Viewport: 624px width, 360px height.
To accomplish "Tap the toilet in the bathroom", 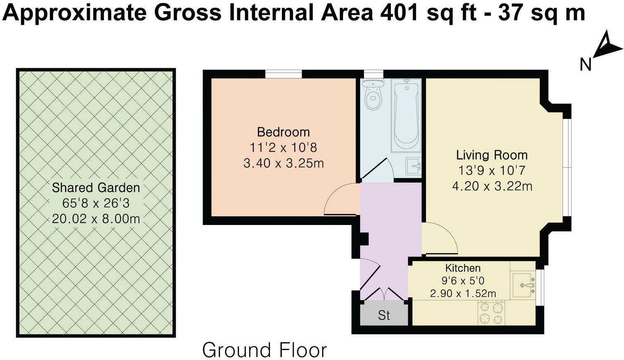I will (373, 95).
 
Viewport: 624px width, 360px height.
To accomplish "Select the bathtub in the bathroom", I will (406, 116).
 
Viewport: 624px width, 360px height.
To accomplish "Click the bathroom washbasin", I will (413, 166).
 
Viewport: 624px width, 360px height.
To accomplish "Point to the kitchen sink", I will (523, 285).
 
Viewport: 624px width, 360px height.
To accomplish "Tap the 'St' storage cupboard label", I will (384, 315).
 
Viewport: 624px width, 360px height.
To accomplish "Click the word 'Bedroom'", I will (283, 132).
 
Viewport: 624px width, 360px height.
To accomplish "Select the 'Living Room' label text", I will (492, 155).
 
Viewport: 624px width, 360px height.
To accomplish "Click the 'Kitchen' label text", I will (463, 268).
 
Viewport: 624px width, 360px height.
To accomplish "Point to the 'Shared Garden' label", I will (96, 188).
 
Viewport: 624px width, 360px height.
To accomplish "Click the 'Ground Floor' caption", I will (264, 350).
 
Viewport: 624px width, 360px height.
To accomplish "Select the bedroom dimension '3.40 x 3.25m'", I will (283, 163).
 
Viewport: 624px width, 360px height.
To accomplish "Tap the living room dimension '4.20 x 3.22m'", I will (492, 186).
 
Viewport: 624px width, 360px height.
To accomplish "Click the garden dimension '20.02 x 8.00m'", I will (96, 219).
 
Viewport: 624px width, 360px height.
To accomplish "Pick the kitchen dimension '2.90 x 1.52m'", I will (463, 294).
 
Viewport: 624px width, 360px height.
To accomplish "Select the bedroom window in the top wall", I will (283, 74).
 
